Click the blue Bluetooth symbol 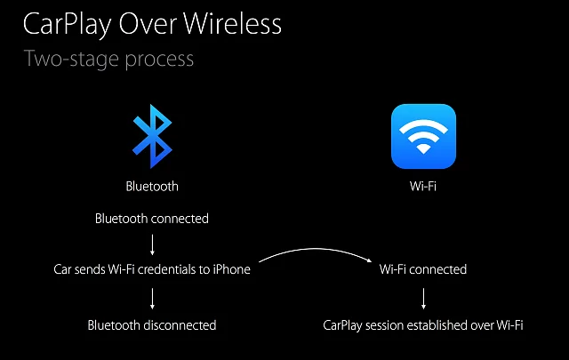pyautogui.click(x=152, y=137)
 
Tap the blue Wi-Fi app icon pyautogui.click(x=423, y=137)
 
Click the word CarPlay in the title pyautogui.click(x=68, y=25)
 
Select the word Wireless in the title pyautogui.click(x=232, y=24)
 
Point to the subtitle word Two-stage pyautogui.click(x=72, y=60)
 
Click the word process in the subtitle pyautogui.click(x=159, y=60)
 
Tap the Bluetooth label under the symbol pyautogui.click(x=152, y=186)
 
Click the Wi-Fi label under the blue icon pyautogui.click(x=423, y=186)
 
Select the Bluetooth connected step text pyautogui.click(x=152, y=219)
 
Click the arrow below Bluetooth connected pyautogui.click(x=152, y=245)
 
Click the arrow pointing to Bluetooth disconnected pyautogui.click(x=152, y=299)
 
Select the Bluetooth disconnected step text pyautogui.click(x=152, y=325)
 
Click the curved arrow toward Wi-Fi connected pyautogui.click(x=316, y=249)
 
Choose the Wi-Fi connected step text pyautogui.click(x=423, y=269)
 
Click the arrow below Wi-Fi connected pyautogui.click(x=423, y=299)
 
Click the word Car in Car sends pyautogui.click(x=62, y=269)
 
